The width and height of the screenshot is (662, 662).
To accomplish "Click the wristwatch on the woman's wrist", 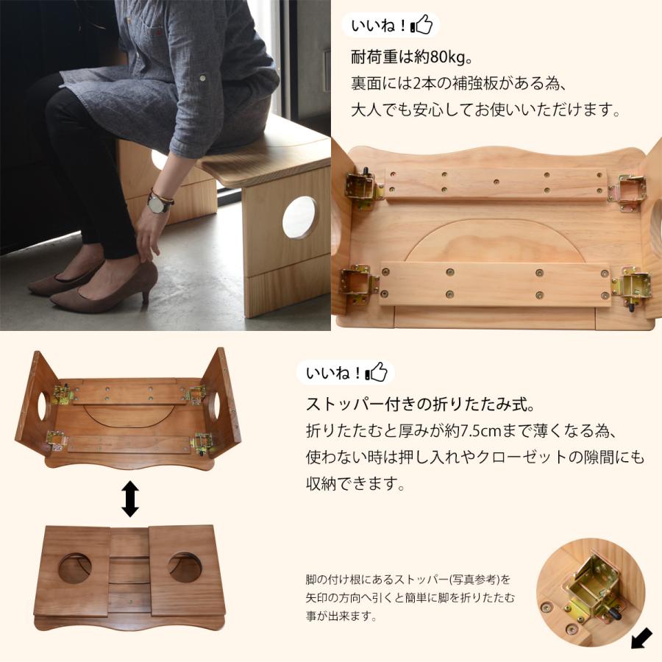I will coord(158,203).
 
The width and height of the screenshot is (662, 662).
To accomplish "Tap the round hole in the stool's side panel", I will coord(300,218).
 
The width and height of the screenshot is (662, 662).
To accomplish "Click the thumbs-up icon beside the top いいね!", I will coord(422,26).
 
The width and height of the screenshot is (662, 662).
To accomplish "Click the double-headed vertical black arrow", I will coord(130,499).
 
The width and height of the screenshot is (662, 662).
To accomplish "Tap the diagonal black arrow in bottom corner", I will coord(642,638).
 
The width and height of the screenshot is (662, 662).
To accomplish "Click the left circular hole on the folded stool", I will coord(74,568).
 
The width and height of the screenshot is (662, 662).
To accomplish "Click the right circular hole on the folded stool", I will coord(185,567).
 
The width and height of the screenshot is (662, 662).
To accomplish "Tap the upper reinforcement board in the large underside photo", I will coord(496,185).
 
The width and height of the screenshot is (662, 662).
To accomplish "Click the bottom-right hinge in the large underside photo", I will coord(631,285).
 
